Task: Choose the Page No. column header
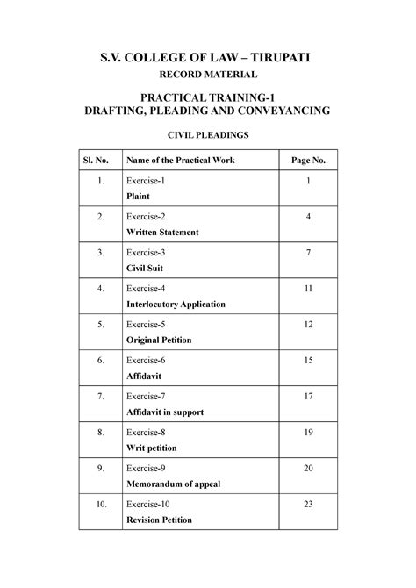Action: tap(308, 160)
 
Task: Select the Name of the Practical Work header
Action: tap(181, 160)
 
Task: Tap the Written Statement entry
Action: tap(162, 233)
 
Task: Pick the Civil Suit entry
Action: tap(146, 269)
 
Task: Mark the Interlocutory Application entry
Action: tap(176, 305)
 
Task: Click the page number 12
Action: tap(308, 325)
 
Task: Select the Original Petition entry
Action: tap(159, 341)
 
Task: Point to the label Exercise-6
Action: tap(147, 361)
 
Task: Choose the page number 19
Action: tap(308, 433)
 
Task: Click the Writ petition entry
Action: tap(152, 448)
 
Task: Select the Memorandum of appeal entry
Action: tap(174, 484)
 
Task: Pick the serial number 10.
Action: tap(102, 505)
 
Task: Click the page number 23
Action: tap(308, 505)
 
